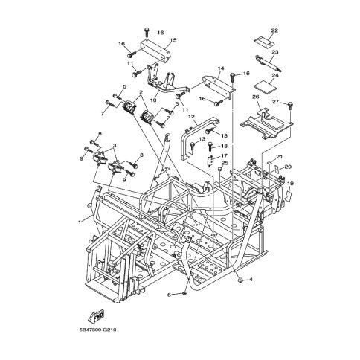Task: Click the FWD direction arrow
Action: click(x=96, y=315)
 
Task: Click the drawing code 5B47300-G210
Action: click(x=98, y=330)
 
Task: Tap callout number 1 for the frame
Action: click(x=80, y=222)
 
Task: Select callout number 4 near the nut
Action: click(x=251, y=280)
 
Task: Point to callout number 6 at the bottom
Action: click(x=170, y=295)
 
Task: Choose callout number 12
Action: click(x=192, y=116)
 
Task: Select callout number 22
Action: click(x=274, y=30)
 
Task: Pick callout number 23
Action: click(x=275, y=52)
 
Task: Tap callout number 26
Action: click(x=255, y=97)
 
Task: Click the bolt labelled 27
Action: click(x=290, y=106)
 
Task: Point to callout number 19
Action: click(x=290, y=184)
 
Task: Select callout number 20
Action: click(x=288, y=167)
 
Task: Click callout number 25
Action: click(x=225, y=163)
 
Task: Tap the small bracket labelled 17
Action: click(x=210, y=160)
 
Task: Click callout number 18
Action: click(x=224, y=147)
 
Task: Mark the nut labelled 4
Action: click(x=240, y=280)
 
